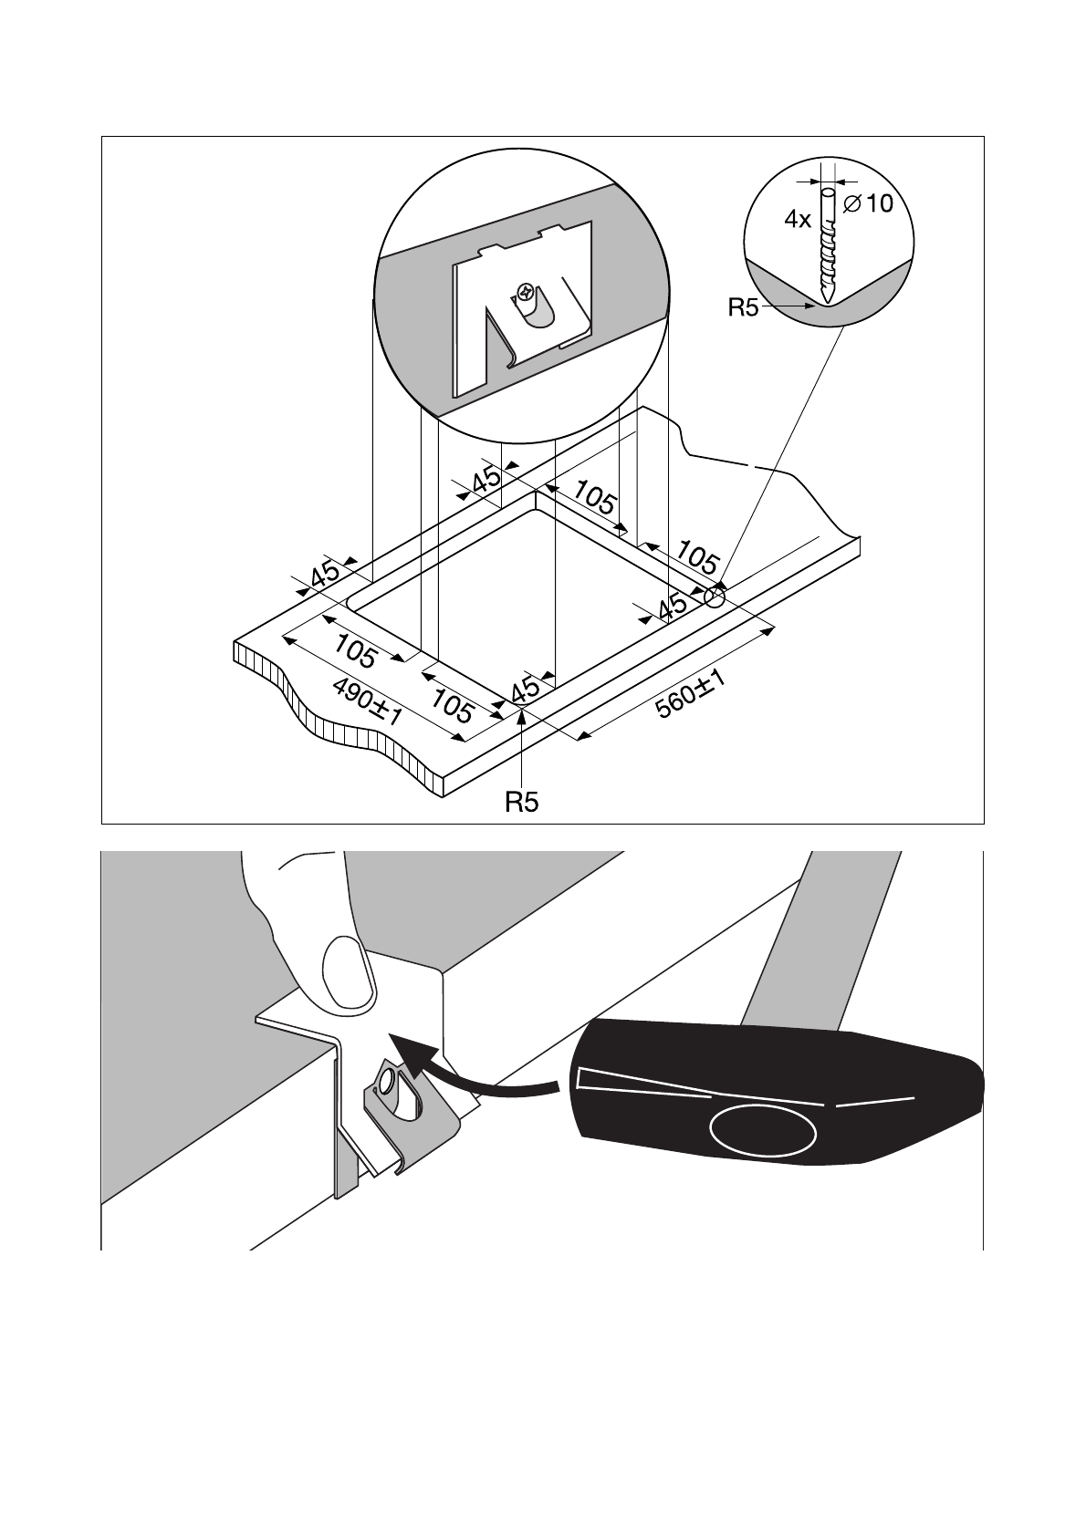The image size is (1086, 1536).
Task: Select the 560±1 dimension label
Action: [691, 695]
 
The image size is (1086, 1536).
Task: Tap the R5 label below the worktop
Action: [522, 803]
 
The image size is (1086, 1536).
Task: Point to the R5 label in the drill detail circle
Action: [743, 308]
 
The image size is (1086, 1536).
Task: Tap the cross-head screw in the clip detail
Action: [526, 292]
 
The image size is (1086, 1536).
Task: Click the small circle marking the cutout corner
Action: [715, 598]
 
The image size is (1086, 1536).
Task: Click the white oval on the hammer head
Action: [763, 1129]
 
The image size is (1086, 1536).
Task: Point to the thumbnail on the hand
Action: [348, 972]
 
